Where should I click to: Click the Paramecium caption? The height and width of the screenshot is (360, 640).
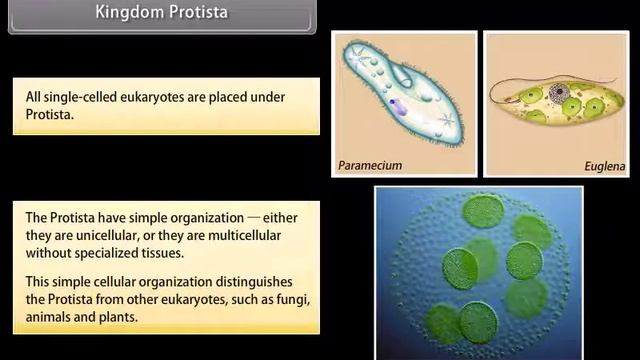tap(369, 165)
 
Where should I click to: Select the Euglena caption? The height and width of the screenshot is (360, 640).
tap(605, 166)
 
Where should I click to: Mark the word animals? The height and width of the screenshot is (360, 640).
tap(51, 317)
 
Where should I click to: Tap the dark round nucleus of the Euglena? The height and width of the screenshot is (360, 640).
tap(557, 98)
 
